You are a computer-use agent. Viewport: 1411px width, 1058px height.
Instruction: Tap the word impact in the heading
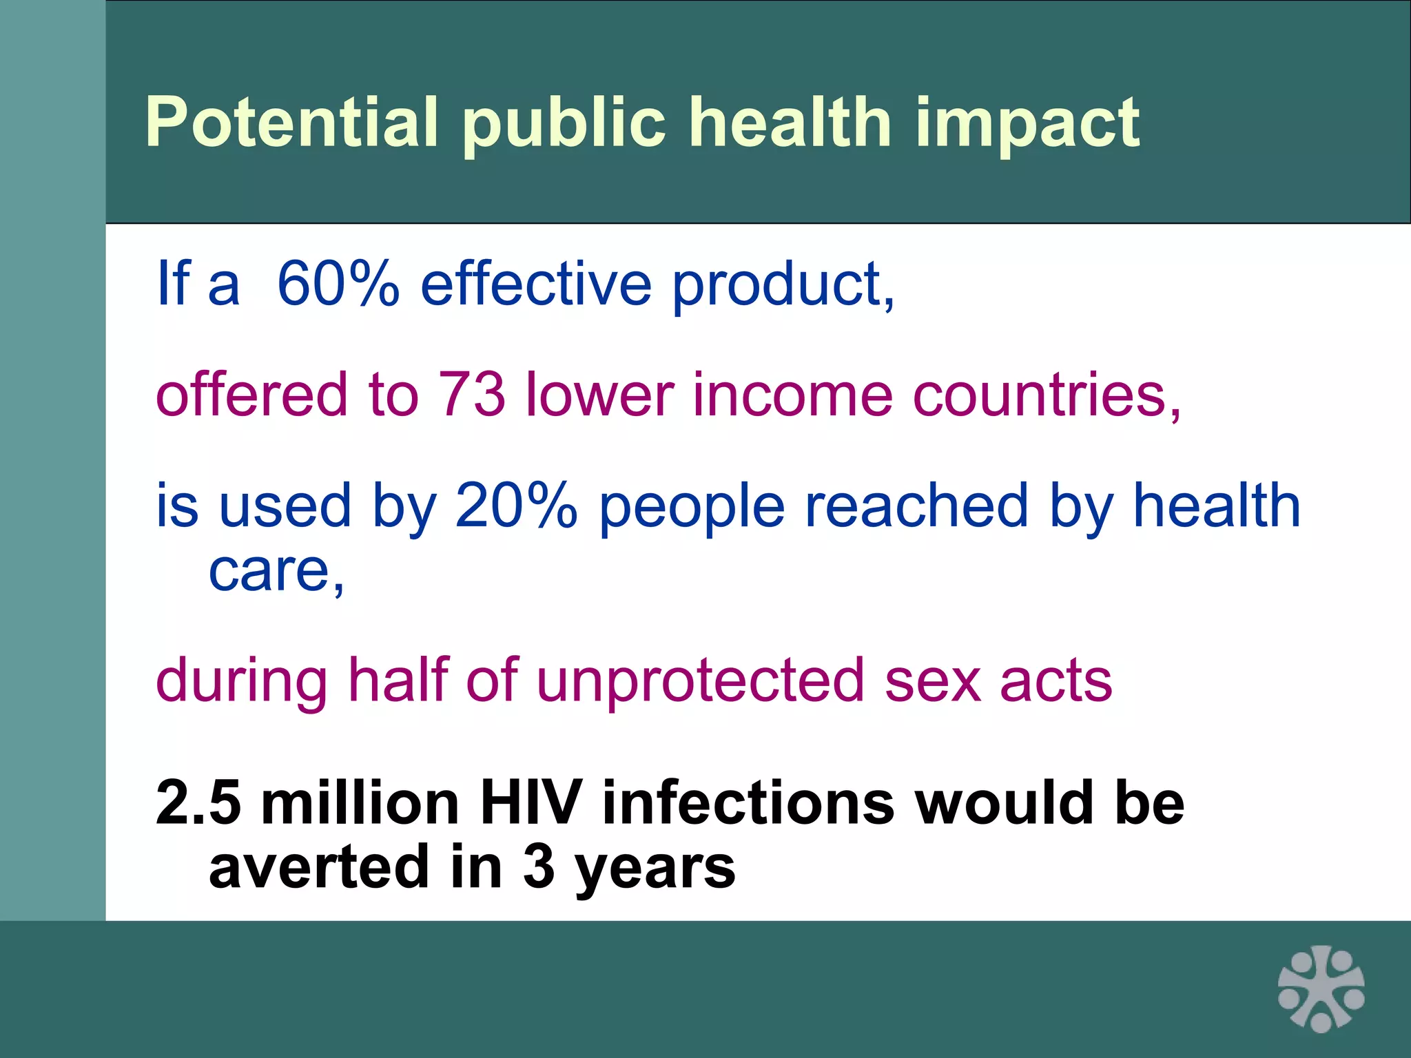coord(1027,124)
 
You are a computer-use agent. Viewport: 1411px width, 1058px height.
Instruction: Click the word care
coord(274,571)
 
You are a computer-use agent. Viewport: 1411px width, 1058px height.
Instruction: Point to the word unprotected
coord(699,681)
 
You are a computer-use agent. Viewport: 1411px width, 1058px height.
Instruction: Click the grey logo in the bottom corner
coord(1321,988)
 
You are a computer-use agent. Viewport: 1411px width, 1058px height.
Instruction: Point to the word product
coord(782,284)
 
